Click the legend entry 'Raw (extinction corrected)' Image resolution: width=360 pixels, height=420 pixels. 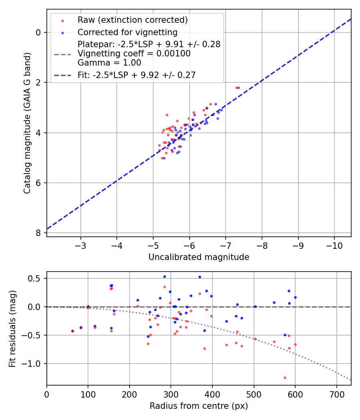pos(132,20)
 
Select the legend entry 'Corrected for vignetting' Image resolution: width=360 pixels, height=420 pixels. pos(128,32)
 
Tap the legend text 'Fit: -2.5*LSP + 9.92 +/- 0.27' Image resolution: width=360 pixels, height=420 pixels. pos(136,75)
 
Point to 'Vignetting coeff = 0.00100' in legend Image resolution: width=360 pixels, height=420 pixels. pos(134,54)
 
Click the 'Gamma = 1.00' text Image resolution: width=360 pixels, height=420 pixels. pos(109,62)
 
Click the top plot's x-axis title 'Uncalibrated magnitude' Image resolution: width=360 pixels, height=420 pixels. pos(199,257)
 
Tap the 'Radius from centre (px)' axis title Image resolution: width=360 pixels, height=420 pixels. pos(199,406)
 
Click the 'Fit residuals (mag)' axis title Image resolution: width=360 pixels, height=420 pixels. pos(13,328)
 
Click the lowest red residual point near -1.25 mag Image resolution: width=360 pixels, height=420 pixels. pos(285,378)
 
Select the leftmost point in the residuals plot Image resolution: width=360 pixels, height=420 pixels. pos(72,331)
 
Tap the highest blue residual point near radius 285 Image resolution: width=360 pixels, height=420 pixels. pos(164,276)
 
